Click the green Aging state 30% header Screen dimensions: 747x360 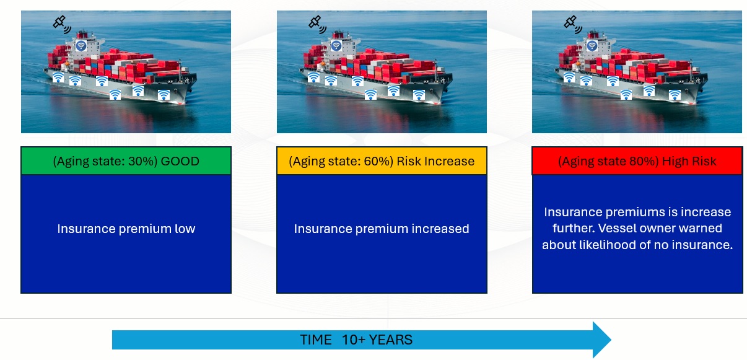click(126, 161)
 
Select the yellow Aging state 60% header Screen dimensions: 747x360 click(382, 161)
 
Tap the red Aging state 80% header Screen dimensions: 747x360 click(637, 161)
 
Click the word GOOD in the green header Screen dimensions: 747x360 click(180, 162)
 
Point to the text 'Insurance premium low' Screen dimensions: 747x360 click(126, 229)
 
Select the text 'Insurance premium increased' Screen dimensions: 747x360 click(382, 229)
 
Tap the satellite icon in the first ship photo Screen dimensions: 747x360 click(62, 25)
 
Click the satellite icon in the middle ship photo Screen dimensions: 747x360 click(318, 25)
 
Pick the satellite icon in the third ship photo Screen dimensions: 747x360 click(573, 25)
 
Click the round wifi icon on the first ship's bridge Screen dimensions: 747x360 click(81, 46)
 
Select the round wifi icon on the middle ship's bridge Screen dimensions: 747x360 click(336, 46)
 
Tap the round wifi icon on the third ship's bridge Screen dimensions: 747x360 click(592, 46)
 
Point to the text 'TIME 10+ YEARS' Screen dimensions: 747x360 click(356, 340)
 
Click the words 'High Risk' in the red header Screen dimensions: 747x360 click(689, 162)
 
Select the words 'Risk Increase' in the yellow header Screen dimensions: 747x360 click(435, 162)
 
